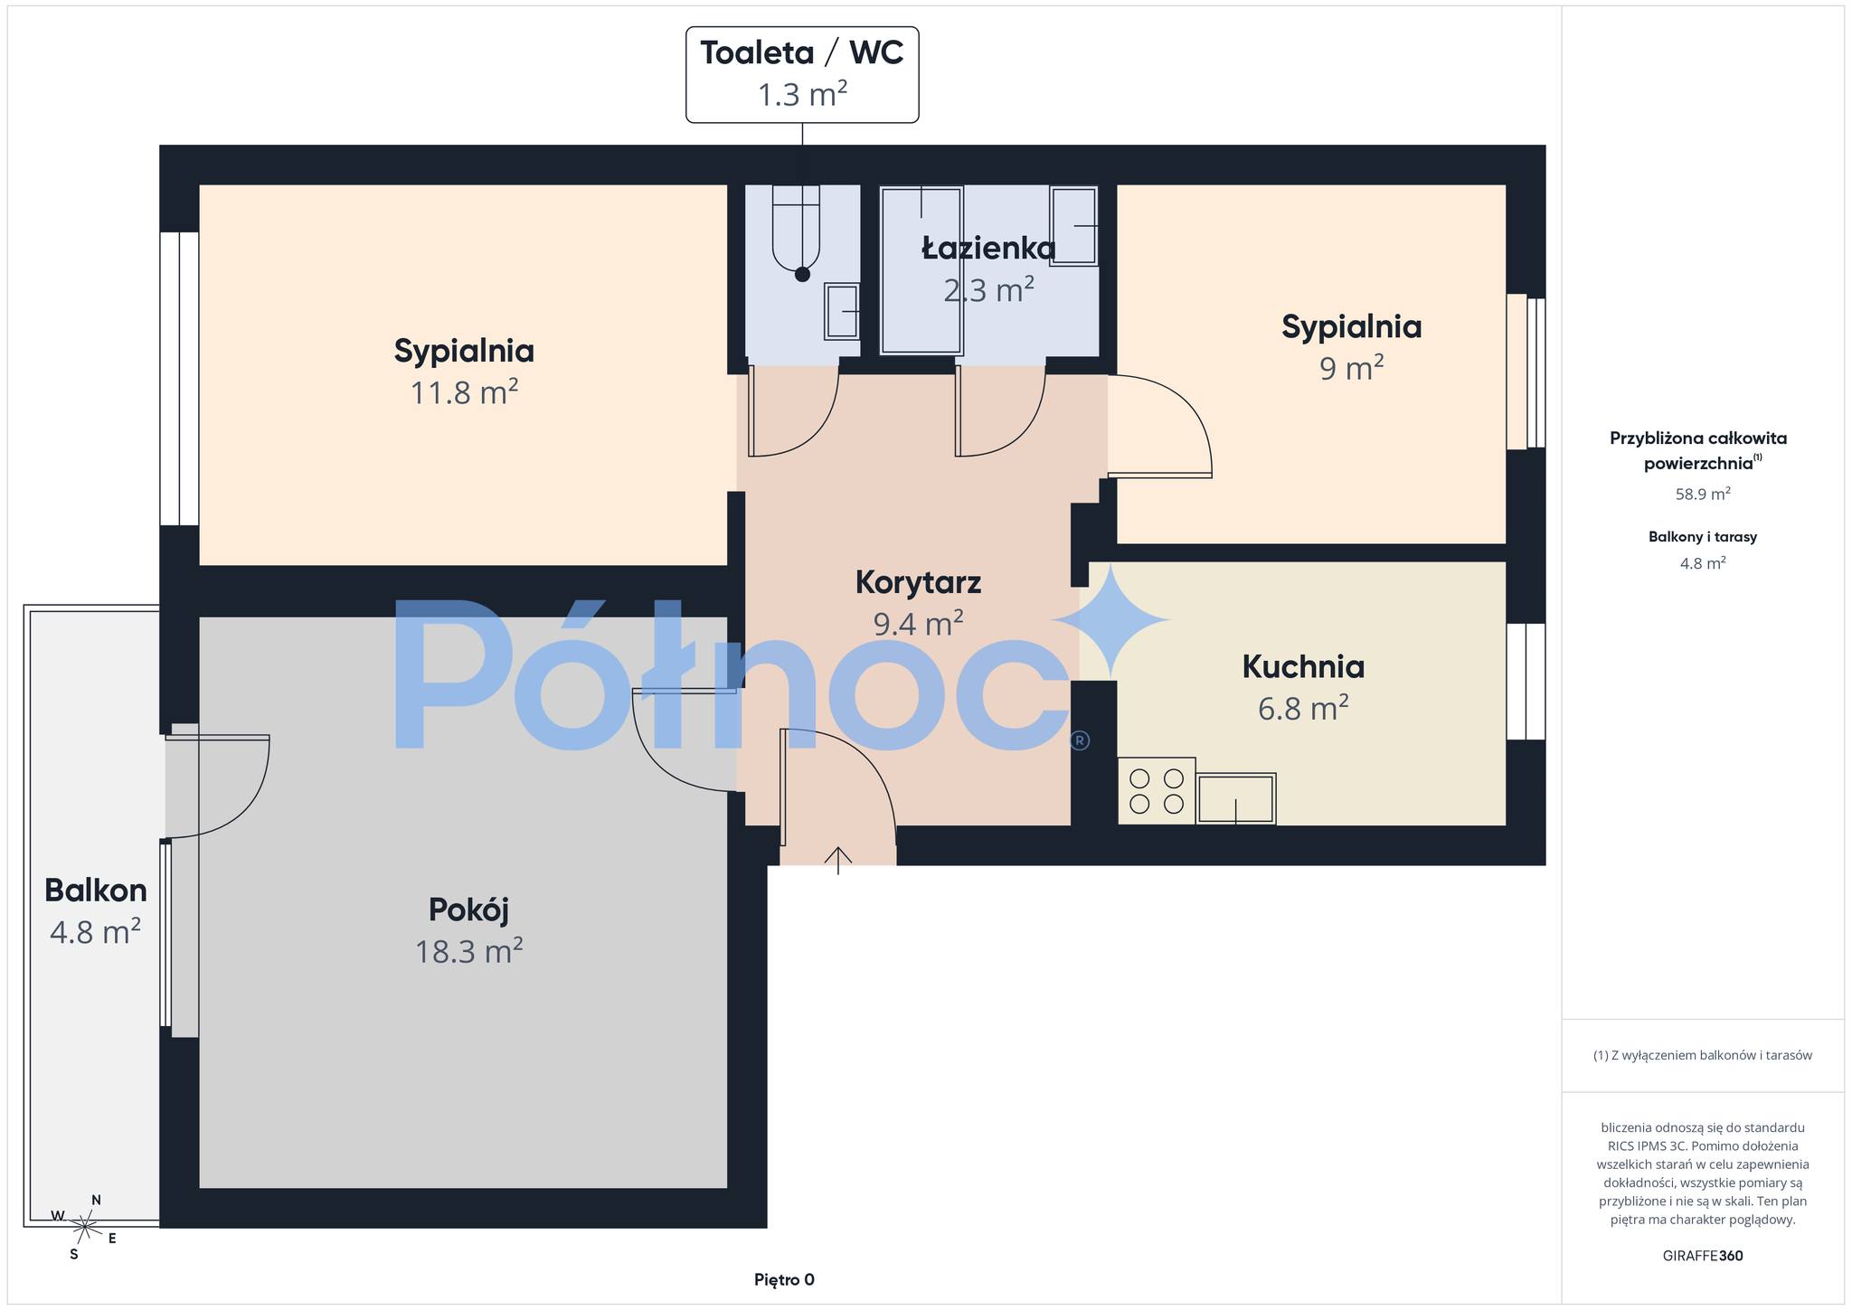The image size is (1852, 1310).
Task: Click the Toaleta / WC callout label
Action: coord(802,74)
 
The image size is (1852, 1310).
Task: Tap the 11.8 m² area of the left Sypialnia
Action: coord(464,393)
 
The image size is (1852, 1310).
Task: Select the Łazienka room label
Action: coord(988,249)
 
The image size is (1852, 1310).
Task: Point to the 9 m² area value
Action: coord(1351,369)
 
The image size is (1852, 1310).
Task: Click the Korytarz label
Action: coord(918,582)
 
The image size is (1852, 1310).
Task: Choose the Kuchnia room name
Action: coord(1303,666)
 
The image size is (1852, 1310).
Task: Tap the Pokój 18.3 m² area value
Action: coord(468,951)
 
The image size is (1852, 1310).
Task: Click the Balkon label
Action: coord(96,891)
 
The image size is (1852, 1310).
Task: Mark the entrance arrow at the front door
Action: coord(838,860)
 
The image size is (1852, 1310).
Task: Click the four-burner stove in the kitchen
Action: coord(1157,791)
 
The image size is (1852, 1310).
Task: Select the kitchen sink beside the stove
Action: coord(1236,798)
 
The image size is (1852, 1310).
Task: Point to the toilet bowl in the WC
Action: coord(797,232)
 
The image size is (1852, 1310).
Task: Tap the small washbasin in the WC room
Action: coord(841,312)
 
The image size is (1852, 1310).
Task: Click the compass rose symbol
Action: coord(84,1227)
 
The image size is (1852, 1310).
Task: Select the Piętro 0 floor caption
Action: coord(784,1279)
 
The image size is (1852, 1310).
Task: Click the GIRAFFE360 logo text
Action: coord(1703,1256)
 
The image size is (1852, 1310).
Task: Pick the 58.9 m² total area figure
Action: coord(1703,494)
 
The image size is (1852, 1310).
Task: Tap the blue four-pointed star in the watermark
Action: coord(1110,620)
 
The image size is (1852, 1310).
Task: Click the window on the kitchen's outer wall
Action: coord(1526,682)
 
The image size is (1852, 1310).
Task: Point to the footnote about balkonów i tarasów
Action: coord(1703,1055)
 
